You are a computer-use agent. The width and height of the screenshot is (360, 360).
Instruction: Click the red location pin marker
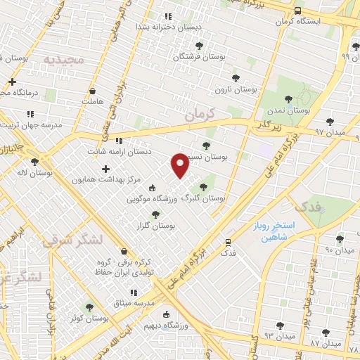pos(181,164)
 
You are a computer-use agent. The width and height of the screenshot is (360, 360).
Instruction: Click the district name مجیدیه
pos(64,60)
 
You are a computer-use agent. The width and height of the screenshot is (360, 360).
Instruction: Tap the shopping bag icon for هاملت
pos(94,91)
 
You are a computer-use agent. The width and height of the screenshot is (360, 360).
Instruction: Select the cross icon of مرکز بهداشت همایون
pos(105,169)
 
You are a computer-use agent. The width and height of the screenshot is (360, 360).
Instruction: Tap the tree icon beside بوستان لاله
pos(34,161)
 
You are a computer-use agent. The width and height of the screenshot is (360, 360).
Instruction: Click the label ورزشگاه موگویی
pos(150,199)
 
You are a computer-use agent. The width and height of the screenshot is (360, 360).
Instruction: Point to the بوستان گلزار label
pos(155,226)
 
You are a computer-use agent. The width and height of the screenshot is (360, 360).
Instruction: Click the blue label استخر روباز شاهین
pos(274,233)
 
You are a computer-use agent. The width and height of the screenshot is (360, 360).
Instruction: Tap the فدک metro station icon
pos(227,241)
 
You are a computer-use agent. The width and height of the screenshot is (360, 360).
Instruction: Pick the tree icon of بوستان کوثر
pos(89,307)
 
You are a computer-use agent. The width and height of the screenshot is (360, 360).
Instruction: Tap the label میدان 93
pos(261,336)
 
